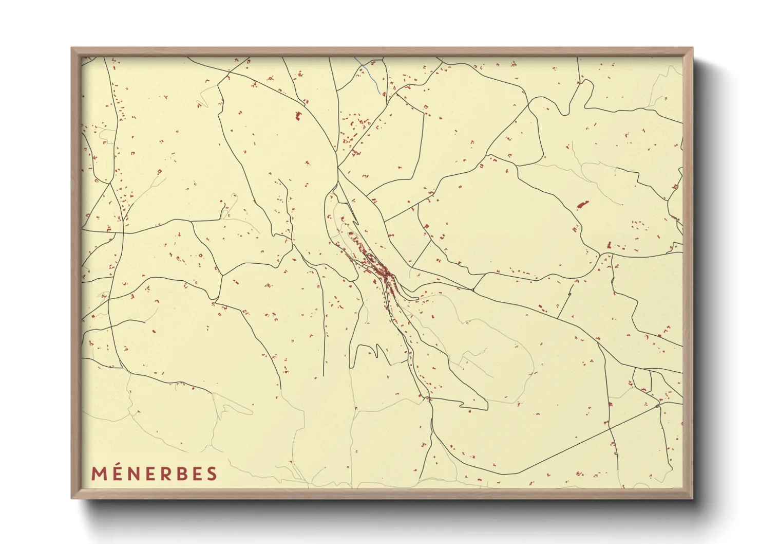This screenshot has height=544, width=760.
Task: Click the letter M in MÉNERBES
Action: (100, 474)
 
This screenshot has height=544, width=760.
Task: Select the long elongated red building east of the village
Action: (582, 205)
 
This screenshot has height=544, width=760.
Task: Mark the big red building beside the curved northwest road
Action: (298, 116)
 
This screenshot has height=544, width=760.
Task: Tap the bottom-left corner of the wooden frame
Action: (72, 497)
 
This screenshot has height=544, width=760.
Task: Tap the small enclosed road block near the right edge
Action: (642, 379)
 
